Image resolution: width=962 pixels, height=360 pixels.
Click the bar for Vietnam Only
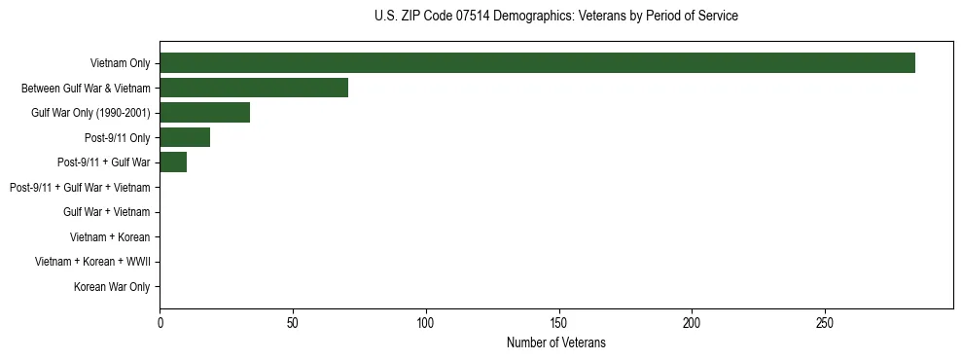[x=537, y=63]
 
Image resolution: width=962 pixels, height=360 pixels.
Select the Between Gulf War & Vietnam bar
[x=254, y=88]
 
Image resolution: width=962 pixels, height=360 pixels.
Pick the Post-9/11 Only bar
[x=185, y=137]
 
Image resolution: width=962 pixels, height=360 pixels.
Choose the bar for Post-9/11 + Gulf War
[x=173, y=162]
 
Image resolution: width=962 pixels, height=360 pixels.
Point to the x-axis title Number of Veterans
[x=555, y=342]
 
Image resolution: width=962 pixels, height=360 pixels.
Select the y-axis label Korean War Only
[x=112, y=287]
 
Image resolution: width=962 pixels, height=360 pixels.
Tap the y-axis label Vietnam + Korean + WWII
[x=92, y=262]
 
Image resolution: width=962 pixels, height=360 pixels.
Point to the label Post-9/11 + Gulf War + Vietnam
[x=80, y=187]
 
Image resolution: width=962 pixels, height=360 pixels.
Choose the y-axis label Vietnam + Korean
[x=110, y=236]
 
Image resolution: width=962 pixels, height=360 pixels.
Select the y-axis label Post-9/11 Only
[x=117, y=137]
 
